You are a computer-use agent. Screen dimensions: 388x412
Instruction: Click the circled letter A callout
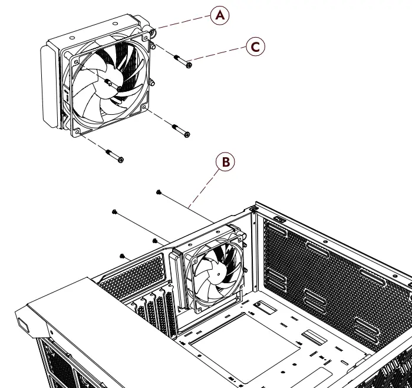click(220, 16)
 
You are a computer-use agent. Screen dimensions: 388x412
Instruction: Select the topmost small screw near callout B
click(159, 192)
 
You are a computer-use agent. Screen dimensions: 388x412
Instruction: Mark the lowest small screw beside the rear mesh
click(122, 256)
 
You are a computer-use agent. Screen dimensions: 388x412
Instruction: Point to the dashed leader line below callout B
click(203, 188)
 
